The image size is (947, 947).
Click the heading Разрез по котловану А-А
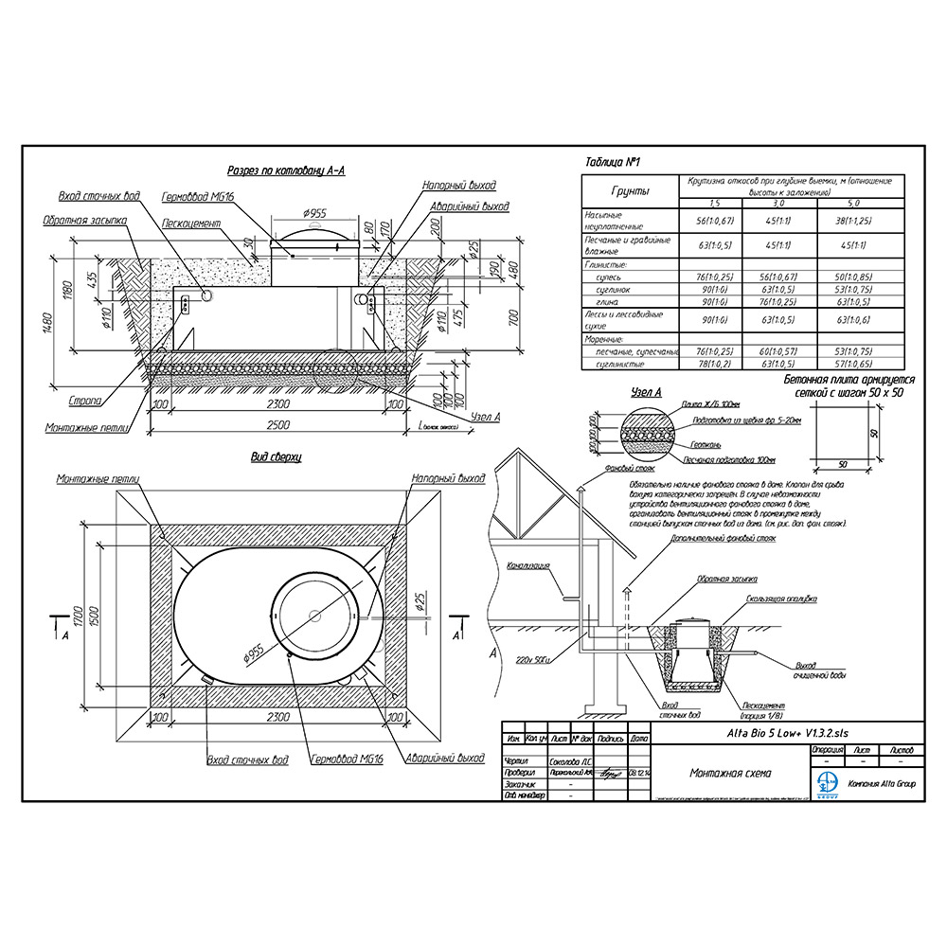[x=286, y=170]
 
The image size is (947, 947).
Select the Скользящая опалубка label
[x=780, y=599]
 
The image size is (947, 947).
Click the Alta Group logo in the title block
[x=826, y=783]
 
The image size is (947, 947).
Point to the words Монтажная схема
[x=730, y=773]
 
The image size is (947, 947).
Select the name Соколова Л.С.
[x=573, y=760]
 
